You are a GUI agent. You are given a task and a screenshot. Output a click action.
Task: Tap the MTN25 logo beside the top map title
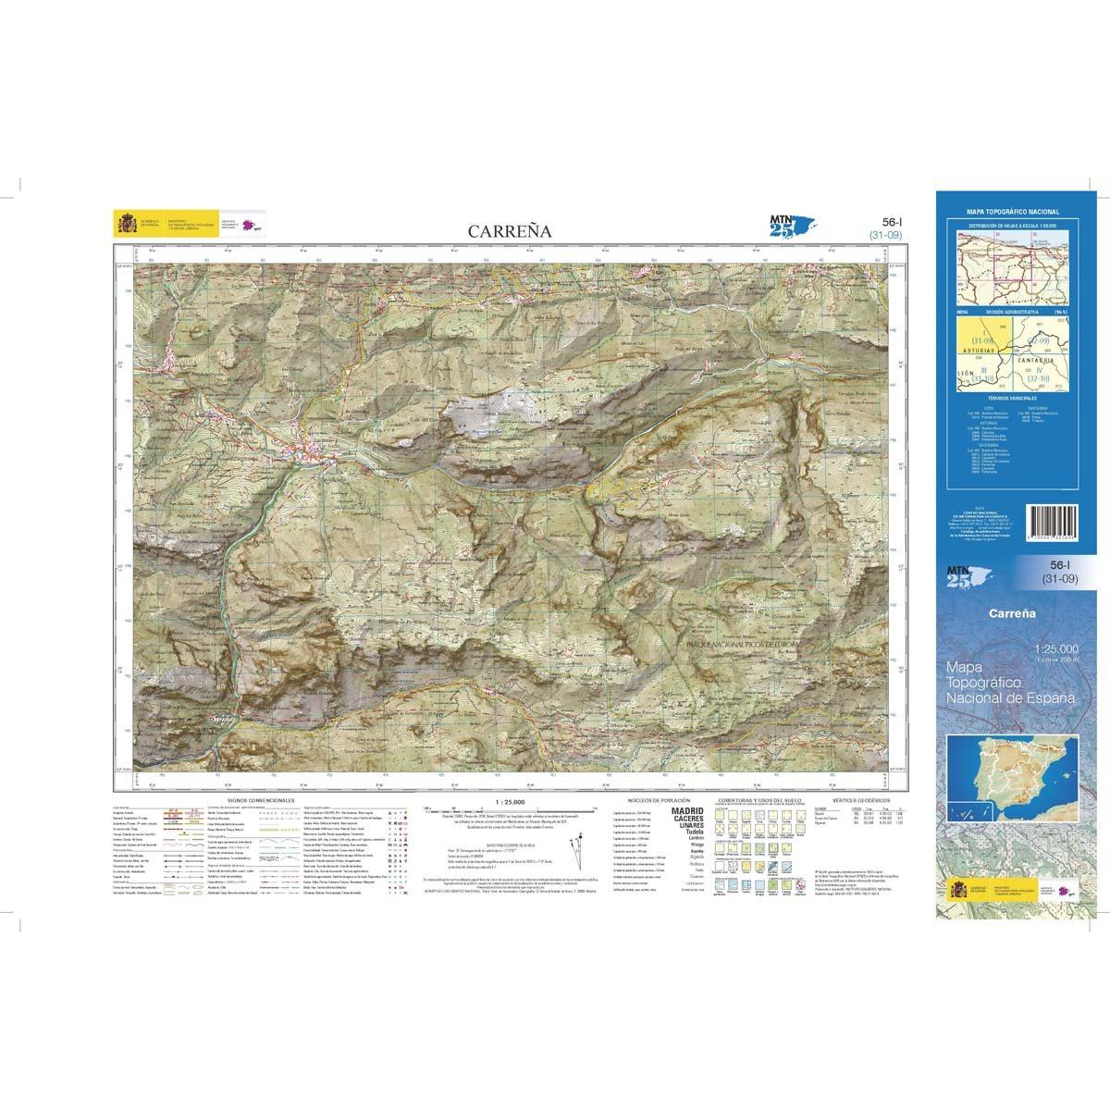click(x=787, y=227)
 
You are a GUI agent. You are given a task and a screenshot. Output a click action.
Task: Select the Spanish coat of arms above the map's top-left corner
click(x=125, y=224)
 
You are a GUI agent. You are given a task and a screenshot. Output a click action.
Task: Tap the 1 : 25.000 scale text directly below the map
click(x=510, y=800)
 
